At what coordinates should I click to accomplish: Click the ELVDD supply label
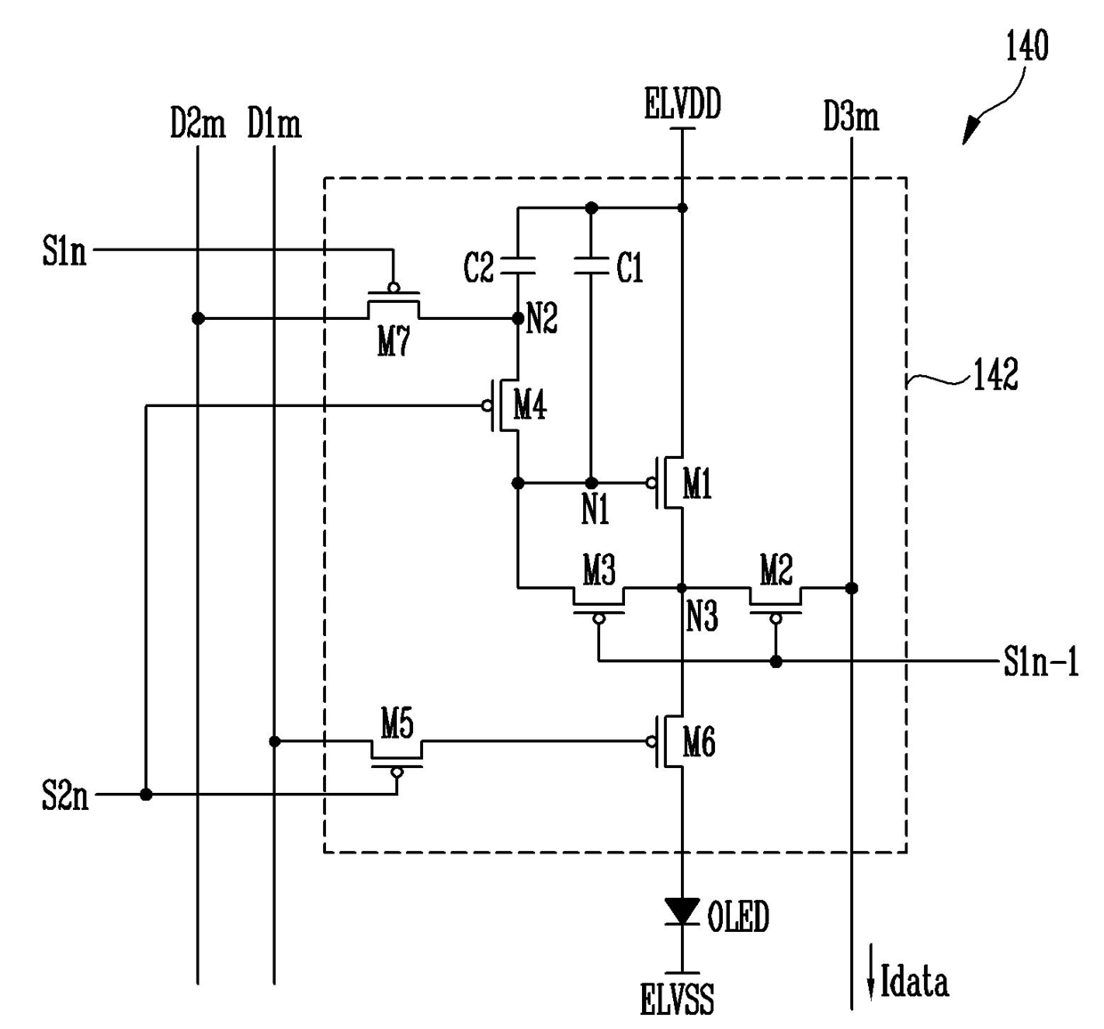pyautogui.click(x=683, y=103)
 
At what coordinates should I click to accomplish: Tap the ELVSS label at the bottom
pyautogui.click(x=677, y=999)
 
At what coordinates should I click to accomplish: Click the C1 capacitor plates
pyautogui.click(x=591, y=265)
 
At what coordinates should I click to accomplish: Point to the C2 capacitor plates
pyautogui.click(x=517, y=265)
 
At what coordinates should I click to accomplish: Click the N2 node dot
pyautogui.click(x=517, y=318)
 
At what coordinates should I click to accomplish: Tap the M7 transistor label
pyautogui.click(x=394, y=341)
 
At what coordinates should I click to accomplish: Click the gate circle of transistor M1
pyautogui.click(x=651, y=483)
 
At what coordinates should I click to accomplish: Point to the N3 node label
pyautogui.click(x=702, y=617)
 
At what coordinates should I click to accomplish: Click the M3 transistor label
pyautogui.click(x=598, y=570)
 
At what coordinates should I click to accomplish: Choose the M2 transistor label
pyautogui.click(x=776, y=570)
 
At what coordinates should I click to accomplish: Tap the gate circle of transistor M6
pyautogui.click(x=651, y=741)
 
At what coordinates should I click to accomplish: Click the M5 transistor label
pyautogui.click(x=397, y=723)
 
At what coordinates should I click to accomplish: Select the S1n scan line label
pyautogui.click(x=64, y=251)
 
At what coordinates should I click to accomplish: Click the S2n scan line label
pyautogui.click(x=65, y=795)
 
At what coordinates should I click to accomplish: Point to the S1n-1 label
pyautogui.click(x=1041, y=662)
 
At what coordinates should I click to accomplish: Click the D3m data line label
pyautogui.click(x=850, y=117)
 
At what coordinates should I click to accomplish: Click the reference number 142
pyautogui.click(x=995, y=374)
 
